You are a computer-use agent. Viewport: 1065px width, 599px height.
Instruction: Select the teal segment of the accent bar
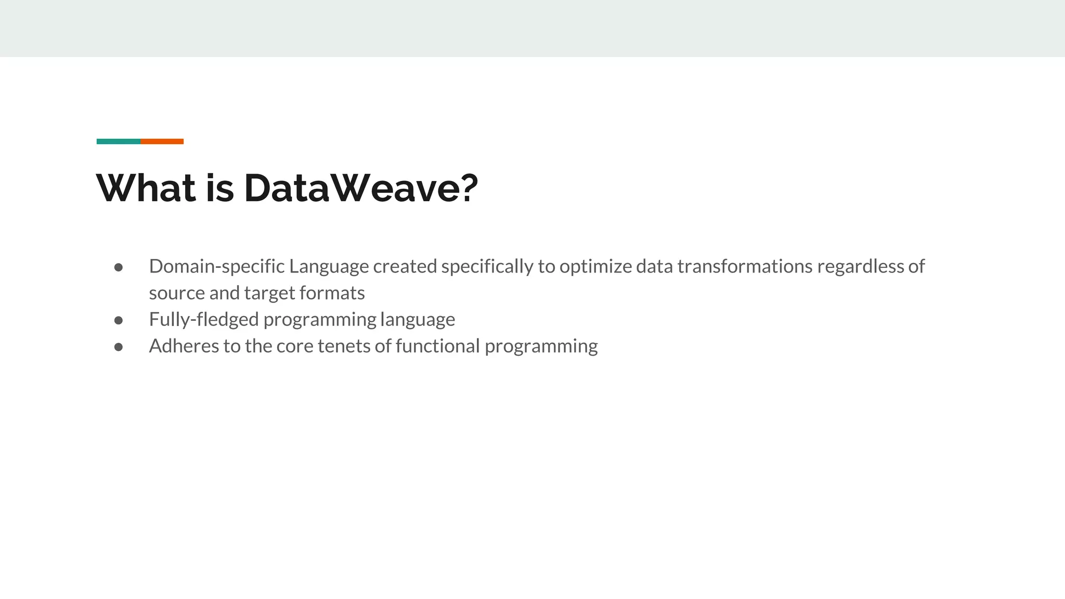118,141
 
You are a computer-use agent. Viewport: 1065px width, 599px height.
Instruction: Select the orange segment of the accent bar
162,141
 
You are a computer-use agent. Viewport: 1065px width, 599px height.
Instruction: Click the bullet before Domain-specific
119,267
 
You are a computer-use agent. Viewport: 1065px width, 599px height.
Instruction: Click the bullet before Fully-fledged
119,320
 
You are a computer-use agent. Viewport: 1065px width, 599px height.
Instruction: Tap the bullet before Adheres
119,347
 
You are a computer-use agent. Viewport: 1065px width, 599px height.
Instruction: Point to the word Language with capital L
329,267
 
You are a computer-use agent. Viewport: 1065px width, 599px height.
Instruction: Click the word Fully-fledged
203,320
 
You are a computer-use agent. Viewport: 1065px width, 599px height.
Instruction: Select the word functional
437,346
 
